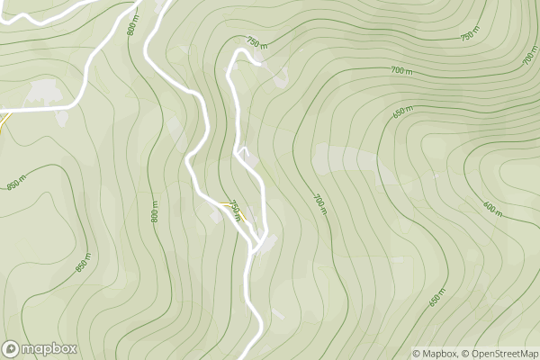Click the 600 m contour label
492,210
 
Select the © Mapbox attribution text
435,354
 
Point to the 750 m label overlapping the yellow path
236,209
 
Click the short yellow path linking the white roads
232,210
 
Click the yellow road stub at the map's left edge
2,126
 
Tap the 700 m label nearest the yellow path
319,203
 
